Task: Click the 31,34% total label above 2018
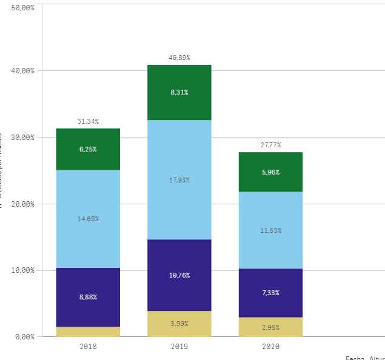[88, 121]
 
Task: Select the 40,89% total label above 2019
[179, 58]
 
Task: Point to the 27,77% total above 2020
[271, 145]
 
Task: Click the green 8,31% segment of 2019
[179, 92]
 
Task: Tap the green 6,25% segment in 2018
[88, 149]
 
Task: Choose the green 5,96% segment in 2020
[271, 172]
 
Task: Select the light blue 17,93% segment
[179, 180]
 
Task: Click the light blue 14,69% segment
[88, 219]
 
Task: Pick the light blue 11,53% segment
[271, 230]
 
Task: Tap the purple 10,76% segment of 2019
[179, 275]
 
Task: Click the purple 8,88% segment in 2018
[88, 297]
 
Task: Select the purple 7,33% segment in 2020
[271, 293]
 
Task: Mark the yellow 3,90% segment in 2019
[179, 324]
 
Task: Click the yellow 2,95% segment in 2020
[271, 327]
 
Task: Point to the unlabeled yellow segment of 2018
[88, 332]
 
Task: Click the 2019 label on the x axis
[179, 347]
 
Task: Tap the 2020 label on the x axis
[271, 347]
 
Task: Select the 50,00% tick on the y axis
[23, 7]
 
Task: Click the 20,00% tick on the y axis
[23, 204]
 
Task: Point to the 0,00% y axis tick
[25, 336]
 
